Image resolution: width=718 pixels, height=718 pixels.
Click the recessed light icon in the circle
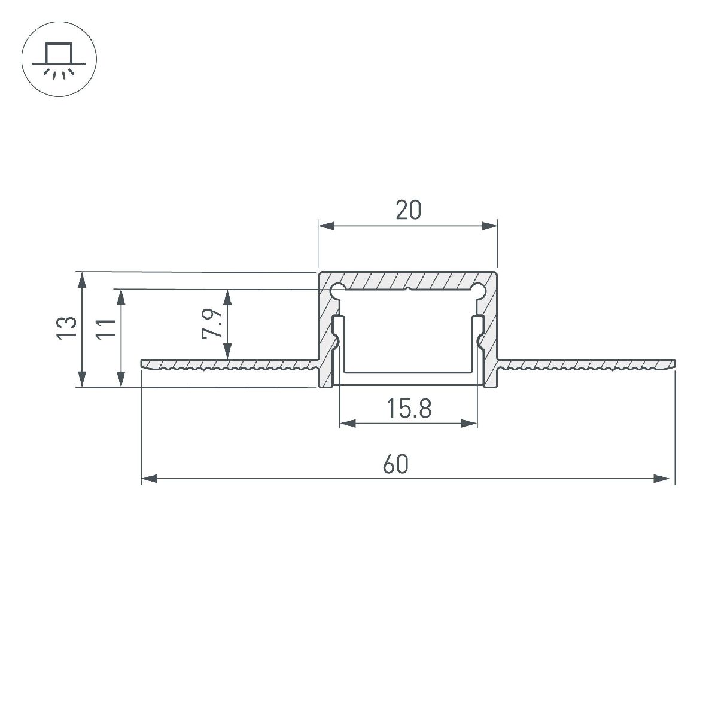click(59, 60)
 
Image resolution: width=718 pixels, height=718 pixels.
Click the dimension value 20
click(408, 210)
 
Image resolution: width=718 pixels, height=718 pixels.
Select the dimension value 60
click(396, 464)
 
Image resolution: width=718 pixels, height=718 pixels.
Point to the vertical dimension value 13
click(68, 329)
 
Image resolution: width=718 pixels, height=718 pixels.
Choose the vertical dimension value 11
click(106, 329)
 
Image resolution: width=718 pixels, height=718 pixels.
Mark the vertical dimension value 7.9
click(212, 324)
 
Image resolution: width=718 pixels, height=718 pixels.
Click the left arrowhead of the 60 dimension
click(148, 479)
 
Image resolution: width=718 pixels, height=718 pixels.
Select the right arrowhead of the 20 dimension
click(489, 226)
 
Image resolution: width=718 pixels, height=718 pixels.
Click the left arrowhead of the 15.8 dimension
click(348, 424)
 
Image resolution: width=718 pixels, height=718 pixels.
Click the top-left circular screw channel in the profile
click(337, 291)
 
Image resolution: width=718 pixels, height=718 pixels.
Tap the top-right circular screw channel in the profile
click(478, 291)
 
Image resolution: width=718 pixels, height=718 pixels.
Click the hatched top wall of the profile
click(408, 280)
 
